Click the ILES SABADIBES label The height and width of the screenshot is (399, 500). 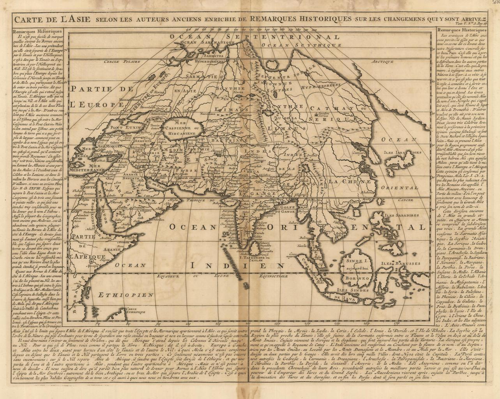(x=401, y=215)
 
